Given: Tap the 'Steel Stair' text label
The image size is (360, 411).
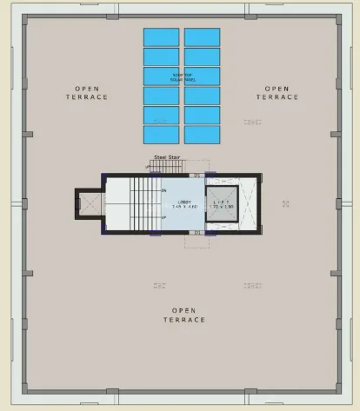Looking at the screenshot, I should click(x=166, y=157).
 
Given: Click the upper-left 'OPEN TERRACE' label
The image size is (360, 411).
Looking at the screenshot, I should click(x=87, y=93).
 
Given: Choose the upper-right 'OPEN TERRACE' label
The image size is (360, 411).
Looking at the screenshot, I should click(x=277, y=93).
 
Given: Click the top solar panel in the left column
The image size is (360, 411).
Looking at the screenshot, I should click(x=161, y=37).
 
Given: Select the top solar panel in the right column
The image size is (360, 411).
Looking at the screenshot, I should click(x=202, y=37).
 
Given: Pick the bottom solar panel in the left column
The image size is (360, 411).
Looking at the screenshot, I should click(x=161, y=135).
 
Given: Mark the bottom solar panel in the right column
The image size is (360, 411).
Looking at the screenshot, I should click(x=202, y=135).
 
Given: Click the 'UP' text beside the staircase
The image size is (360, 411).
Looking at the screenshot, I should click(x=163, y=216).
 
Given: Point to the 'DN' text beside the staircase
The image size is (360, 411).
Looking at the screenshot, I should click(x=163, y=189).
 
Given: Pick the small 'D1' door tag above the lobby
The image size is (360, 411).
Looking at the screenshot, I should click(x=197, y=176).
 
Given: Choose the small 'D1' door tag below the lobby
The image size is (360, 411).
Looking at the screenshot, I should click(x=197, y=232).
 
